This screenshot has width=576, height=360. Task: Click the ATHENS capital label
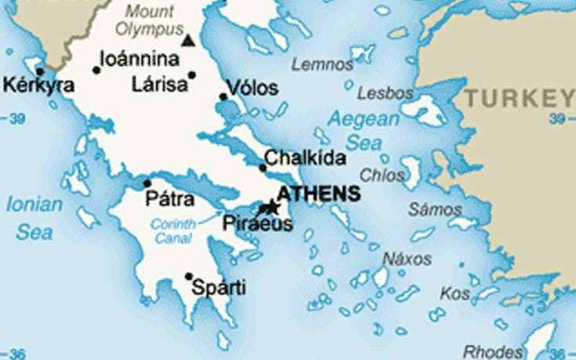319,194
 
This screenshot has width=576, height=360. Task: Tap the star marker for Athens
272,207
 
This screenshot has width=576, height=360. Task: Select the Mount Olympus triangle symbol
188,40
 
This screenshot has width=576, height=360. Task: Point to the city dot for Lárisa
192,75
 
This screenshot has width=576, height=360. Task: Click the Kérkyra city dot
40,71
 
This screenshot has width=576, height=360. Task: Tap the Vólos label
252,88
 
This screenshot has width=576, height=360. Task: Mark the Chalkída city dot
263,167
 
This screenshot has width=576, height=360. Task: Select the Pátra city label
169,199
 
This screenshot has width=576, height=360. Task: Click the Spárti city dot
189,275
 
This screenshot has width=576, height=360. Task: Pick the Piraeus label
257,224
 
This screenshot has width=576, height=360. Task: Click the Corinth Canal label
172,231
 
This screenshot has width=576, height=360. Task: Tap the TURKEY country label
519,98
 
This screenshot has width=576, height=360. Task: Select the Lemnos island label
322,65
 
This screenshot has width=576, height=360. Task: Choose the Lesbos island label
385,93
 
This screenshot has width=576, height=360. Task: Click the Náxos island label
407,258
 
